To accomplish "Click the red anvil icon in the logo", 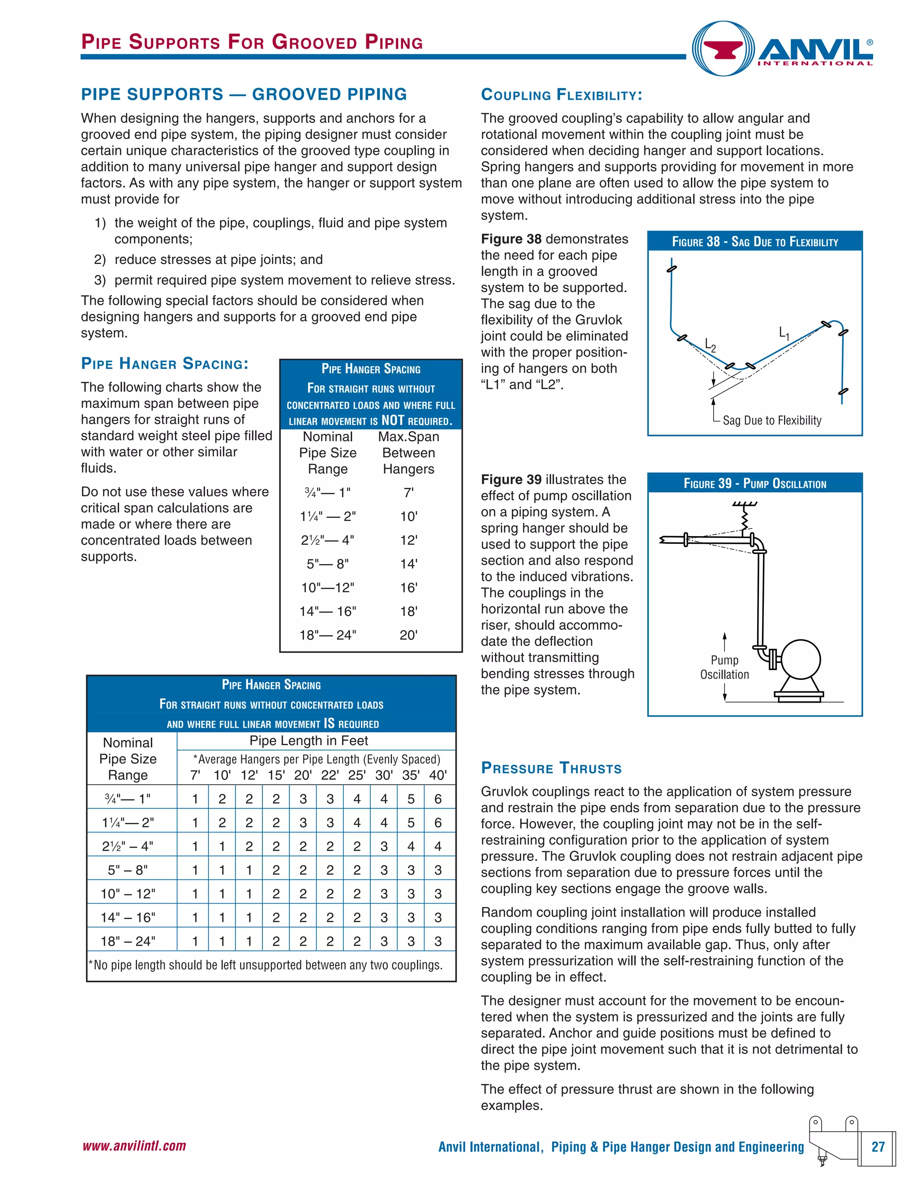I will [723, 50].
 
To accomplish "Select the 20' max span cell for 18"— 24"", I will [408, 635].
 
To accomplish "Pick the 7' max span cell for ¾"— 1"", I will [408, 493].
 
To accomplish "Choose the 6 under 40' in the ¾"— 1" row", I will [438, 799].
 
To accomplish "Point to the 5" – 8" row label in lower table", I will [128, 870].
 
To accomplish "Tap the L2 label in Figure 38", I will [710, 345].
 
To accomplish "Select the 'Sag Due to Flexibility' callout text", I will [771, 420].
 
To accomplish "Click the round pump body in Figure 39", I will [800, 659].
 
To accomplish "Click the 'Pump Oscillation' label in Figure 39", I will [724, 667].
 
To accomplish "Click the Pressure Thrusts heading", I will [551, 768].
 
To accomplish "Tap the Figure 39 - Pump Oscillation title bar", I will [754, 483].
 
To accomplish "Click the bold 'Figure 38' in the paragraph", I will [510, 239].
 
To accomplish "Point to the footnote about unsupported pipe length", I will [265, 965].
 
